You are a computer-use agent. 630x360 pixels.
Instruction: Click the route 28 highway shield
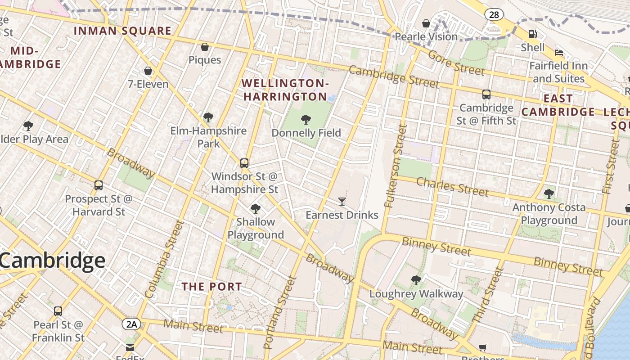click(x=494, y=15)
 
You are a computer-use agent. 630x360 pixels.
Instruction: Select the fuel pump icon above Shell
click(x=532, y=34)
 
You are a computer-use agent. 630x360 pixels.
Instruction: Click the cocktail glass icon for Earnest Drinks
click(x=342, y=202)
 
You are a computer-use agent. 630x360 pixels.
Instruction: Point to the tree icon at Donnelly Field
click(x=306, y=119)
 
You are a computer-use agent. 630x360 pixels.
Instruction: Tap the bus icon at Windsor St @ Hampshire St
click(x=244, y=163)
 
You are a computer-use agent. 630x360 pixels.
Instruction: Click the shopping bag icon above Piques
click(x=205, y=47)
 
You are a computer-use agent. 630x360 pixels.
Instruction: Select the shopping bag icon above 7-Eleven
click(x=148, y=71)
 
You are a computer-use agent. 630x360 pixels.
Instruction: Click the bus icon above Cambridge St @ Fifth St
click(x=486, y=94)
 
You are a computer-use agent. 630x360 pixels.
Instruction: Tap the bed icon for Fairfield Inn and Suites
click(x=559, y=53)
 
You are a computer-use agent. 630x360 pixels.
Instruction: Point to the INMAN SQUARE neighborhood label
click(x=122, y=31)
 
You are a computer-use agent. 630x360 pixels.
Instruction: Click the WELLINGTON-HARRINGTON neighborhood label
click(x=285, y=90)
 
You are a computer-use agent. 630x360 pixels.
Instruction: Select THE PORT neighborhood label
click(x=211, y=287)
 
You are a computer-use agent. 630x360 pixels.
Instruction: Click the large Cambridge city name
click(x=53, y=261)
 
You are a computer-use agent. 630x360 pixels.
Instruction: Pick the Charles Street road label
click(x=452, y=187)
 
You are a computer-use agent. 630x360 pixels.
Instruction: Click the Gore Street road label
click(x=456, y=63)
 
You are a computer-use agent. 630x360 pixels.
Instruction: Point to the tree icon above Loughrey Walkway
click(x=416, y=280)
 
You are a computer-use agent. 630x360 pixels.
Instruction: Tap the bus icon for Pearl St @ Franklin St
click(x=58, y=311)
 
